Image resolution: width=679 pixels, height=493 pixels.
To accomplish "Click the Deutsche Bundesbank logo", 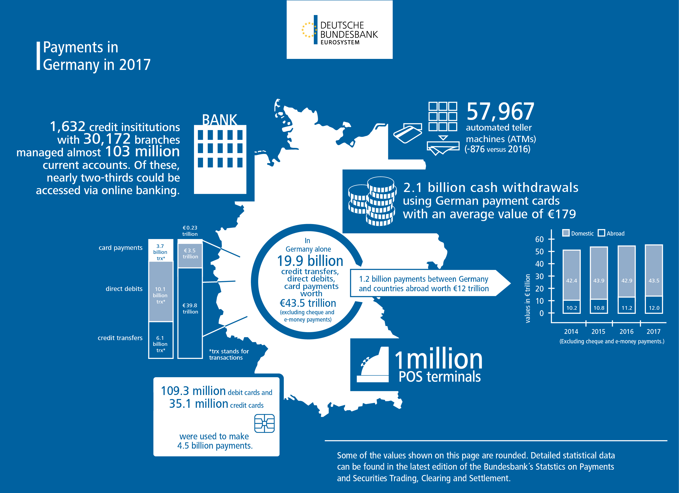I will pos(339,30).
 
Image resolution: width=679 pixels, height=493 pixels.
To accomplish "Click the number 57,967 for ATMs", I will pos(500,111).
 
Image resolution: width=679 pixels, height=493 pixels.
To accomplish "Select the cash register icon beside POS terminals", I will pos(373,365).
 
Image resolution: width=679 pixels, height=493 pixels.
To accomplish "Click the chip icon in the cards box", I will pos(264,423).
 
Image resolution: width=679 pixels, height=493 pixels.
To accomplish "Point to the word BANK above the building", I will pos(220,120).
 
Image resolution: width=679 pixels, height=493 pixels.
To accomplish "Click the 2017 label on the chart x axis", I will pos(653,331).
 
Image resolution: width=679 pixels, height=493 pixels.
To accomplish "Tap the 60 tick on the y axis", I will pos(539,239).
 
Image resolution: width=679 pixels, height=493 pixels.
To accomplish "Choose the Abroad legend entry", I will pos(611,233).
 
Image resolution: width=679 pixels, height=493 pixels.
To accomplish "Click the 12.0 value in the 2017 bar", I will pos(654,308).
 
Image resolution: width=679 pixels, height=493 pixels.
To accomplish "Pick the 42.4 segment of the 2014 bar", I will pos(571,280).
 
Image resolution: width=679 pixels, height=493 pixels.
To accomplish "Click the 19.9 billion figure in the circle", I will pos(310,261).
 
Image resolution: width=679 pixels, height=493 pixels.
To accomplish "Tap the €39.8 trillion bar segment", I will pos(190,308).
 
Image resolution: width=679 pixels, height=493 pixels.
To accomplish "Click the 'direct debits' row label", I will pos(124,288).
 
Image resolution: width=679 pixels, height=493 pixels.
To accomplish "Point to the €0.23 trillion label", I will pos(190,231).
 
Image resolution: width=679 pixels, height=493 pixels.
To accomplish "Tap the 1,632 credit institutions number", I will pos(68,126).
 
